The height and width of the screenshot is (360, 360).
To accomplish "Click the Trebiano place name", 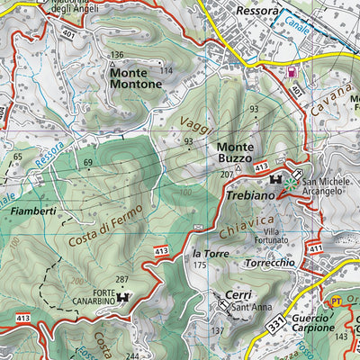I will click(x=250, y=195).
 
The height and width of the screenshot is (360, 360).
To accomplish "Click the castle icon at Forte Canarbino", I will click(x=130, y=294).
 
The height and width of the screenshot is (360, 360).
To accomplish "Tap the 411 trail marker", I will click(x=315, y=247).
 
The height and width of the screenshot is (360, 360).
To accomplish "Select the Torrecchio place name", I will click(x=269, y=263).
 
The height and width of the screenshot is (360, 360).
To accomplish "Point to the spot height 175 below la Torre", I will click(x=200, y=265).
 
